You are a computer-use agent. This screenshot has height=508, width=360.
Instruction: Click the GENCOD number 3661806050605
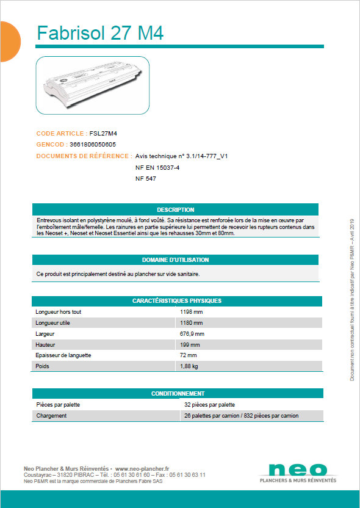pos(93,144)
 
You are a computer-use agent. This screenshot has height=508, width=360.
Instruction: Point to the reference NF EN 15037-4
pos(157,167)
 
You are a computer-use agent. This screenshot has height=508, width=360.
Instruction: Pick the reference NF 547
pos(146,178)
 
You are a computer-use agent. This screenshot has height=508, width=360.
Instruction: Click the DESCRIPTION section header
pos(175,209)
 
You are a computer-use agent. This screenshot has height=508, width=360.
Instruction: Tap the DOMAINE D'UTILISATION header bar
pos(175,259)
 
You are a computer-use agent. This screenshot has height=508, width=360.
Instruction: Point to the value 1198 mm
pos(191,311)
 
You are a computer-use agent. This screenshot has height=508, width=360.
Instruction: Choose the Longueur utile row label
pos(54,322)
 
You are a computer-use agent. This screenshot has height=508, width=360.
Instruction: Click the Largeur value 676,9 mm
pos(192,334)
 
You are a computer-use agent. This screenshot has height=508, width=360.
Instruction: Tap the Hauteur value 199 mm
pos(190,344)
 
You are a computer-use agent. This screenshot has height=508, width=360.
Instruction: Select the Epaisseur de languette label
pos(63,355)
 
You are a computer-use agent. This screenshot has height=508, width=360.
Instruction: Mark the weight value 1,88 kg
pos(189,366)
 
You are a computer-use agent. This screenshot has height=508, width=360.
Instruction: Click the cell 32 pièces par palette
pos(209,404)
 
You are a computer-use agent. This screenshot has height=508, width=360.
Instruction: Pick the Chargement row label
pos(51,415)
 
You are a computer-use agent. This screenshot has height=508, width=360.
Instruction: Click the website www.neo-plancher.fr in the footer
pos(142,468)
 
